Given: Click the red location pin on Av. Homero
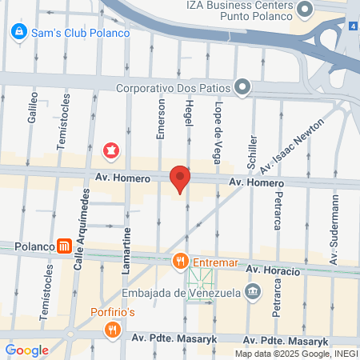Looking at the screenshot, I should click(180, 178).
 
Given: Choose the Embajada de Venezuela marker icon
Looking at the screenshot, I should click(253, 290).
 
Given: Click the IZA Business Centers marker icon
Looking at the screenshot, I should click(304, 10).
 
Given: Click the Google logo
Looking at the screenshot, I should click(26, 350).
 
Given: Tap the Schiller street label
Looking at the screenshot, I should click(253, 149).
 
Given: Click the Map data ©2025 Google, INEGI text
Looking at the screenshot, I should click(296, 353).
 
